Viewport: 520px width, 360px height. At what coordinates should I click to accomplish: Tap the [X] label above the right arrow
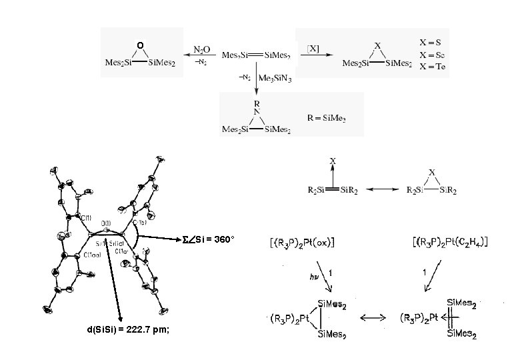pos(312,49)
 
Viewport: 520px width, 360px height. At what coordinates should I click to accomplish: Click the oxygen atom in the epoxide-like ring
pos(139,45)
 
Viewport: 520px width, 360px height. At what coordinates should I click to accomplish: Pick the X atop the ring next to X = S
pos(378,47)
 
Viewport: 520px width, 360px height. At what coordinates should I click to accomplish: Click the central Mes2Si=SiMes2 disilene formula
pos(255,54)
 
